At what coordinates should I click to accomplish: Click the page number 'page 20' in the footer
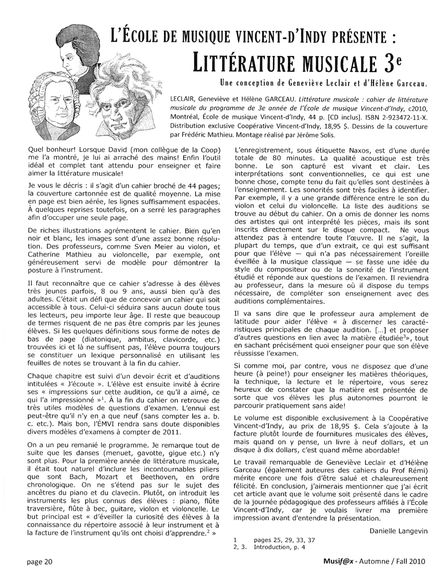click(39, 562)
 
